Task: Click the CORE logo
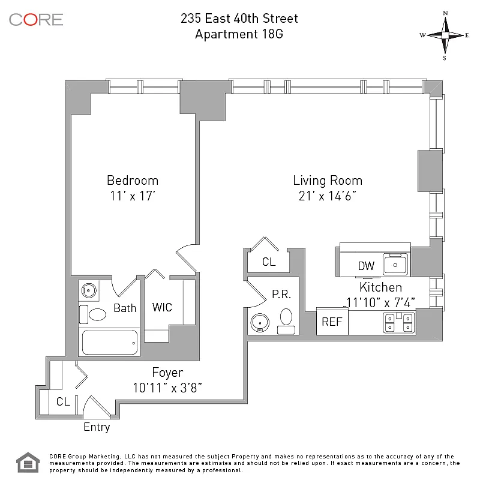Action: pyautogui.click(x=36, y=20)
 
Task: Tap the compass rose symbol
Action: pyautogui.click(x=445, y=35)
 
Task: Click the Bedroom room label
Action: pyautogui.click(x=133, y=181)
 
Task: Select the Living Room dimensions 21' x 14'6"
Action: pyautogui.click(x=327, y=196)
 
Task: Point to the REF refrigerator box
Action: pyautogui.click(x=332, y=321)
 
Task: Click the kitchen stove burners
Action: pyautogui.click(x=399, y=322)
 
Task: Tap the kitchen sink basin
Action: pyautogui.click(x=395, y=265)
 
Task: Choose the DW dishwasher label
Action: pyautogui.click(x=366, y=266)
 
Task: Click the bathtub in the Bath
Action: pyautogui.click(x=109, y=342)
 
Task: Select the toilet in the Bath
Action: pyautogui.click(x=93, y=314)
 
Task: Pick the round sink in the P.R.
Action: pyautogui.click(x=260, y=322)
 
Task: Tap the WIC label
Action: pyautogui.click(x=162, y=307)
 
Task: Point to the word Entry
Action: pyautogui.click(x=97, y=427)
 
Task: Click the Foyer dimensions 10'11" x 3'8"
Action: pyautogui.click(x=167, y=388)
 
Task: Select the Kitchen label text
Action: pyautogui.click(x=380, y=287)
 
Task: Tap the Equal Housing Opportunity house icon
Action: pyautogui.click(x=28, y=463)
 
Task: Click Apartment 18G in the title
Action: pyautogui.click(x=239, y=34)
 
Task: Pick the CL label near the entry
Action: pyautogui.click(x=63, y=401)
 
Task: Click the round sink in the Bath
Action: pyautogui.click(x=89, y=290)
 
